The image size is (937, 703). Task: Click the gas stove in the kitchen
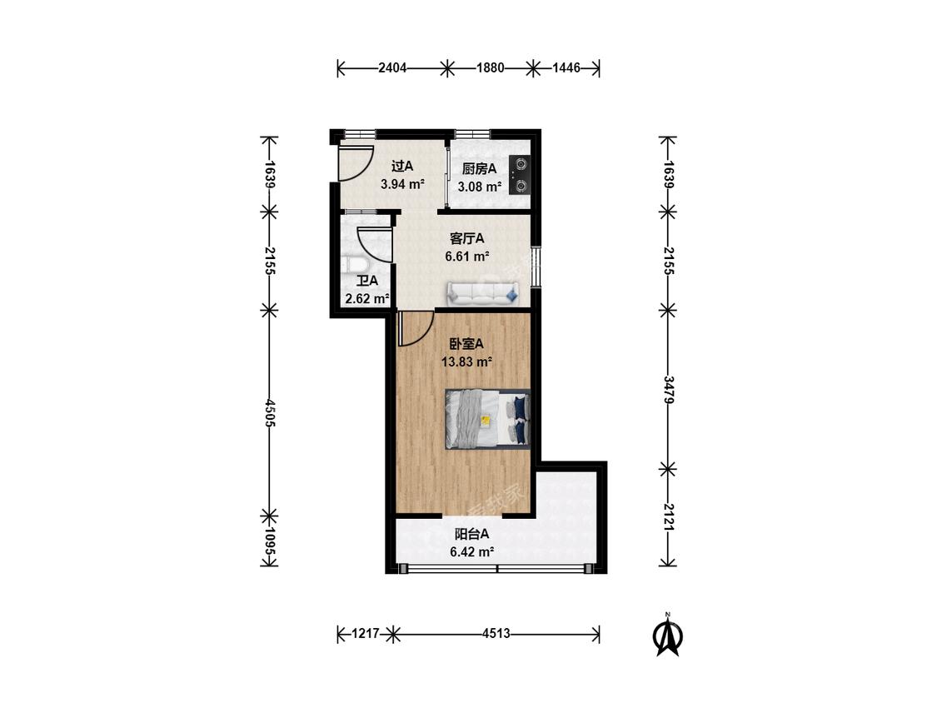click(519, 175)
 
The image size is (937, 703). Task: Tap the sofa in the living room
click(484, 293)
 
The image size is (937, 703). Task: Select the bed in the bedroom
click(487, 418)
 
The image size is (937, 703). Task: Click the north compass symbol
click(668, 635)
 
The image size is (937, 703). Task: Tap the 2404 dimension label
click(392, 68)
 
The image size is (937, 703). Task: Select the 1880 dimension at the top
click(490, 68)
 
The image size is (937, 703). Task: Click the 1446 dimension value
click(566, 68)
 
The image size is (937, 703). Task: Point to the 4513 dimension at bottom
click(496, 634)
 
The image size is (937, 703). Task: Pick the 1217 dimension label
click(365, 634)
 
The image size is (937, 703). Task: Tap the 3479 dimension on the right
click(668, 390)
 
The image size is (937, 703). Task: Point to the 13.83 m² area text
click(466, 361)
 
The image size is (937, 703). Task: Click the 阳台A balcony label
click(472, 534)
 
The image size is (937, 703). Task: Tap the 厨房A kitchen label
click(479, 169)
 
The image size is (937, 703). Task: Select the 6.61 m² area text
click(467, 257)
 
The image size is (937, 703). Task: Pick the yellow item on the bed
click(486, 421)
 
